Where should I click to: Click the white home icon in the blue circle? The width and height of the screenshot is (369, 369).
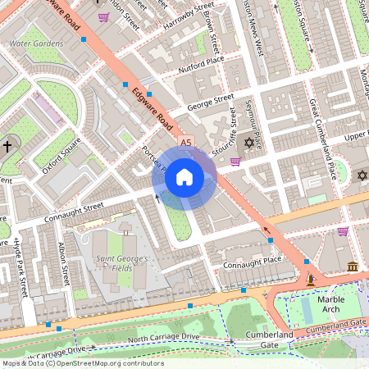184,176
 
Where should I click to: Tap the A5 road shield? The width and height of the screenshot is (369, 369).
185,142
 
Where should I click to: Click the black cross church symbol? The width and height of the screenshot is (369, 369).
8,147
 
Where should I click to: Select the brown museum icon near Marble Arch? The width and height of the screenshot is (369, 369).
353,267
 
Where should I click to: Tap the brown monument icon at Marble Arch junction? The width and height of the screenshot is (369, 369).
311,280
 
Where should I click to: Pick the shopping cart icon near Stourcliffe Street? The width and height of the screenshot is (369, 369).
235,161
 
